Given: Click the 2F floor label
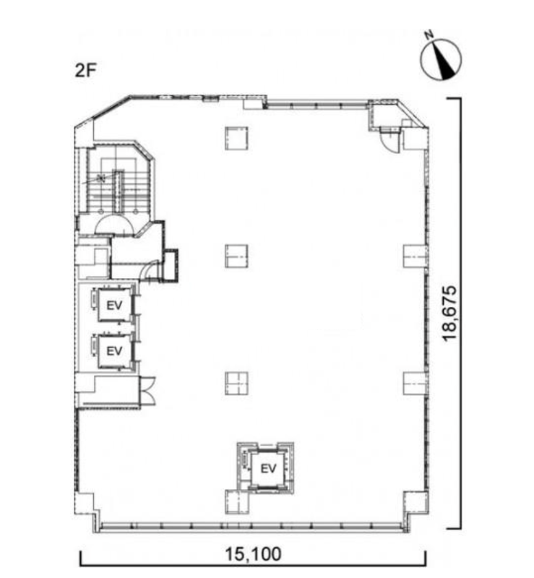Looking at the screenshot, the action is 85,70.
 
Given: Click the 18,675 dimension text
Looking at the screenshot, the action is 450,314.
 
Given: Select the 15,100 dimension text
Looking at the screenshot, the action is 254,554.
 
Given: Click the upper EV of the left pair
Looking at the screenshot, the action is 114,305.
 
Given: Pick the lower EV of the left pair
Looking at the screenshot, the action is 114,351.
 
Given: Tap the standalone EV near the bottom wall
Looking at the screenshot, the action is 268,468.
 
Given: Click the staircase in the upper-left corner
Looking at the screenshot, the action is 118,181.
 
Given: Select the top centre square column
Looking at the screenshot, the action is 236,138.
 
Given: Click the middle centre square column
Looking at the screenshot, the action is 236,256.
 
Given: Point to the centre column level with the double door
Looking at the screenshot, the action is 236,384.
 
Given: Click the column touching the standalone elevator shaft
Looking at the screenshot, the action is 237,502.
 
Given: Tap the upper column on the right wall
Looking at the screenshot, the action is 415,256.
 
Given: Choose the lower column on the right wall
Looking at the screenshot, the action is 415,384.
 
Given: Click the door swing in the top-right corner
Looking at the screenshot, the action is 389,141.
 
